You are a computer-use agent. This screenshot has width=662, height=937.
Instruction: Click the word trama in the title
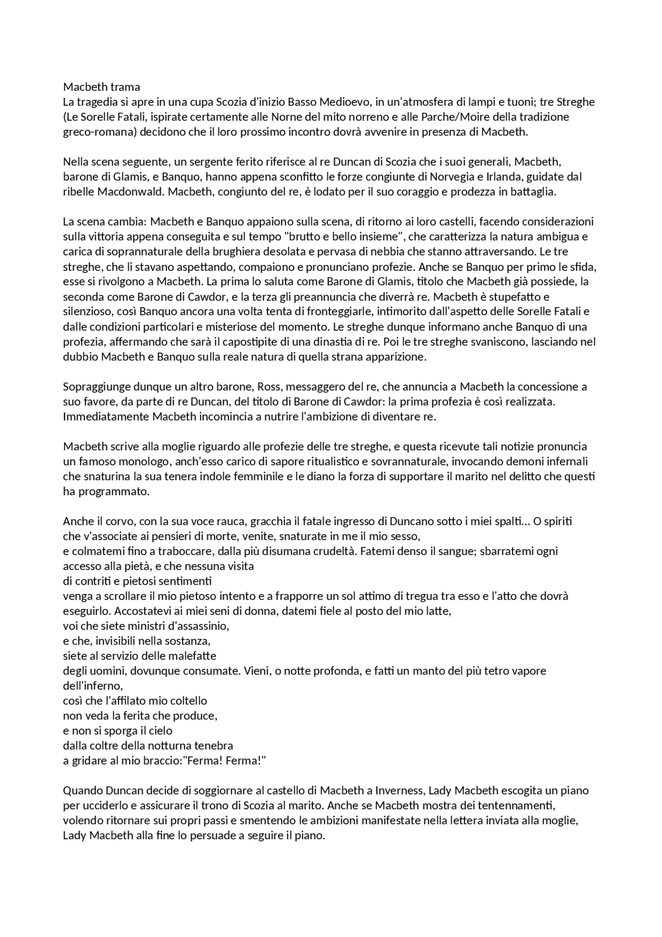pos(125,87)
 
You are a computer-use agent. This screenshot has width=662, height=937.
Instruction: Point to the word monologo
pos(150,462)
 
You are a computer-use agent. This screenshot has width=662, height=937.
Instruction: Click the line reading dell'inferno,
pos(93,687)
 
